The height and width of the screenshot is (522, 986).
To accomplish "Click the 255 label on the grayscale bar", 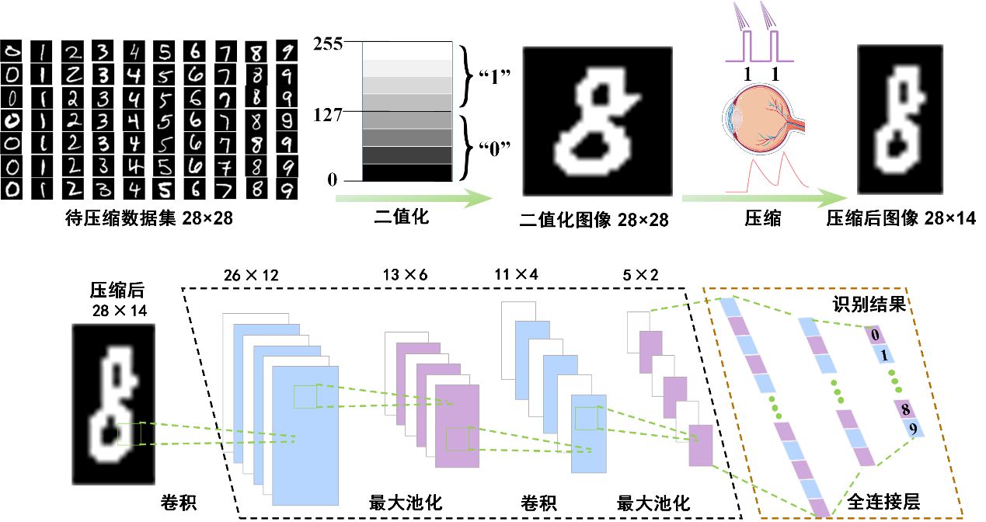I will click(328, 43).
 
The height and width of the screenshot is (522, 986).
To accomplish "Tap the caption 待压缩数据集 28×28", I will click(148, 220).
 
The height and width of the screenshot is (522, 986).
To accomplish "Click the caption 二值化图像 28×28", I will click(594, 221).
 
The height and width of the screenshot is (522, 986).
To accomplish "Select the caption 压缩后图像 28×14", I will click(901, 220).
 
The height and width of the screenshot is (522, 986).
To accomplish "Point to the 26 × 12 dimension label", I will click(250, 275).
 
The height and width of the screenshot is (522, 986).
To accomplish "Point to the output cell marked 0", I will click(875, 336).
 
